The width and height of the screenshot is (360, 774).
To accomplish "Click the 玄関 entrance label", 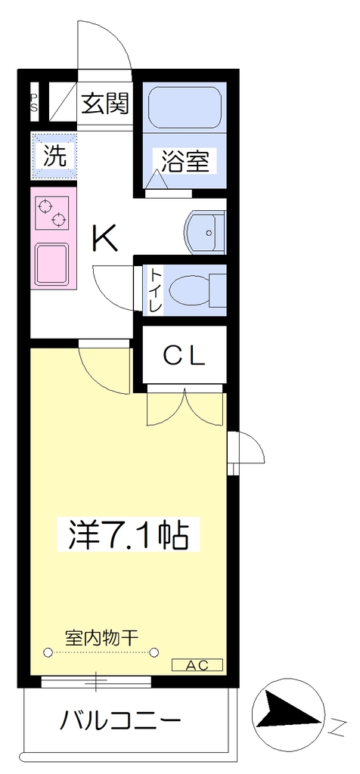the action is [104, 103].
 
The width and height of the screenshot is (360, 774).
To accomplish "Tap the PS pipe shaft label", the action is [34, 102].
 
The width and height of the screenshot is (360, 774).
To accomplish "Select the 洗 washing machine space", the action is [54, 156].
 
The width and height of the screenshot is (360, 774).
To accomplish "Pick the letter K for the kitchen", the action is [104, 238].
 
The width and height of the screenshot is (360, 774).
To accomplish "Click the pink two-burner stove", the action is [52, 212].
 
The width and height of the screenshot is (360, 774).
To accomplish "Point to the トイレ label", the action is [156, 290].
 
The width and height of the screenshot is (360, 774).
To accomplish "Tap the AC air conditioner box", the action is [197, 665].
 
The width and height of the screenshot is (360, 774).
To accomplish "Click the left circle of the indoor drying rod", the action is [48, 652].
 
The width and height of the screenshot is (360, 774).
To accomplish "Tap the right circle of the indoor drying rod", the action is [154, 652].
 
